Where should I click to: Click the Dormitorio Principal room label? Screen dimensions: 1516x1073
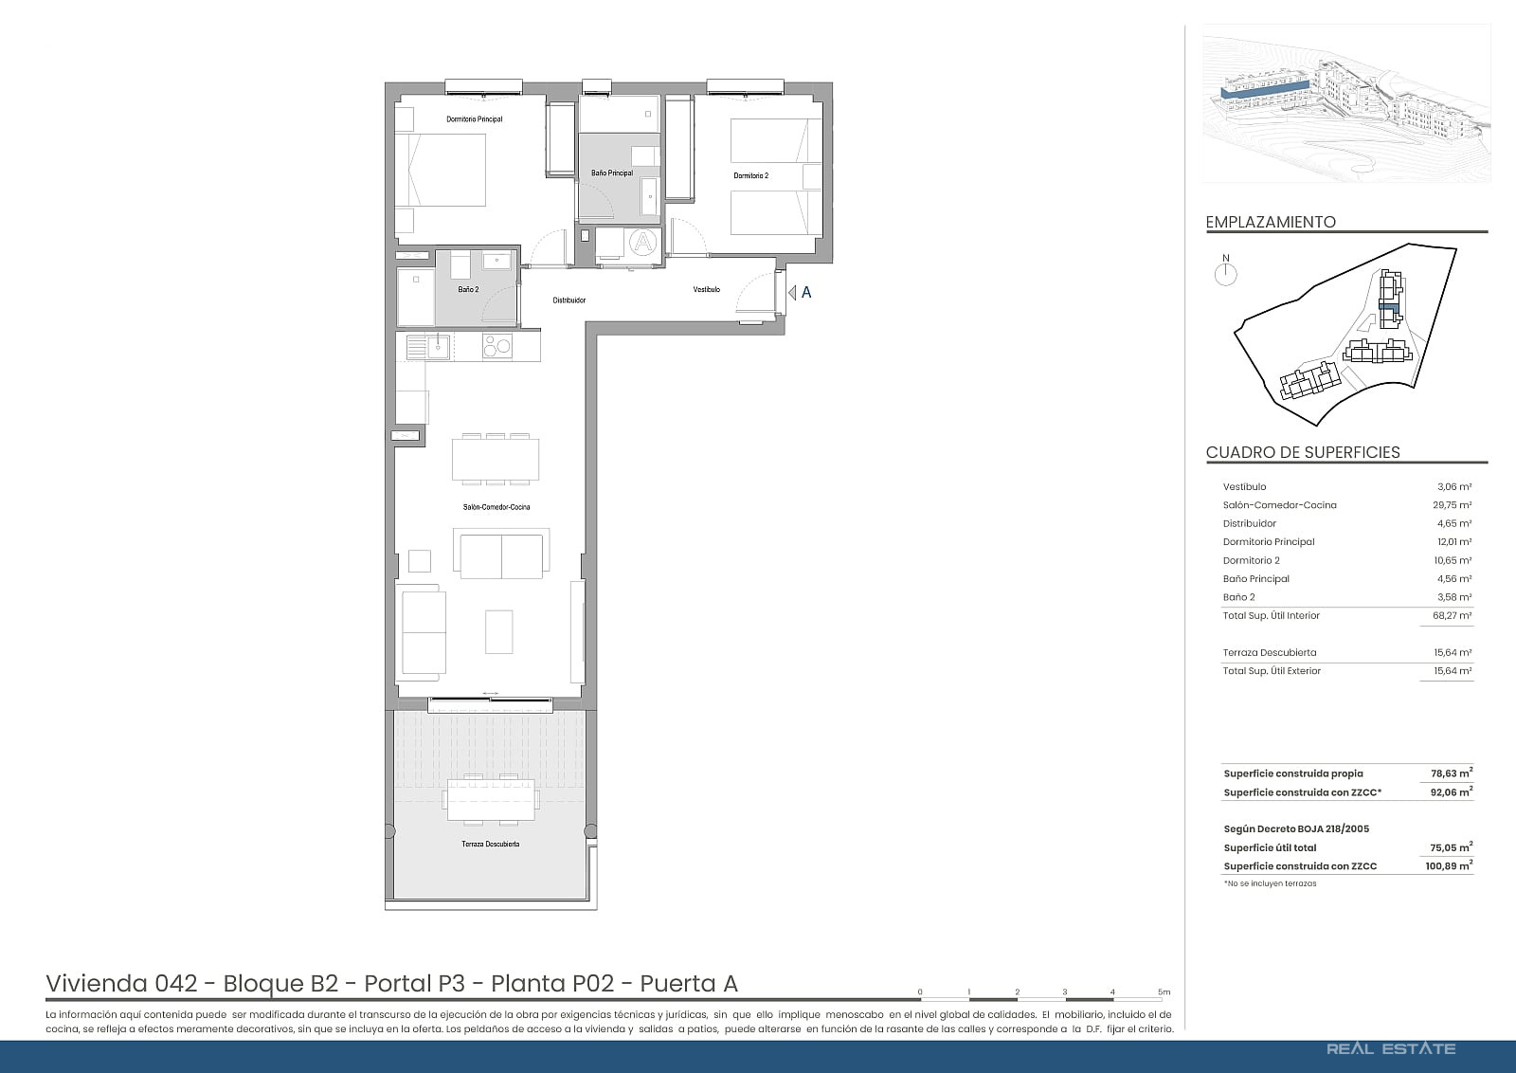(475, 119)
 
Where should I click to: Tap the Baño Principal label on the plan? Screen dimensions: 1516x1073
(612, 173)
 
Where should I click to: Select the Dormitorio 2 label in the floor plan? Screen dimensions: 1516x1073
(751, 176)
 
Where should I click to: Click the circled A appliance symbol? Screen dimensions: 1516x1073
(643, 242)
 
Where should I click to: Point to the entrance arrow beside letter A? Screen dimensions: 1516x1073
(792, 293)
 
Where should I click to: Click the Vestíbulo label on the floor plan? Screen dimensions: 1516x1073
(707, 290)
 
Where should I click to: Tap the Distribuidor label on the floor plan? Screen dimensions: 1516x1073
(569, 300)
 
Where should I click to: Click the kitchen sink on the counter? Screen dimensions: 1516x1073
(428, 347)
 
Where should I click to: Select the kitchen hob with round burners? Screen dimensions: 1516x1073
(496, 347)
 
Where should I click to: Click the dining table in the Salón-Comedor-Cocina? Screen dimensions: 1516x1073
(496, 460)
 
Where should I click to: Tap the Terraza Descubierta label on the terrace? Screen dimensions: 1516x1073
(491, 845)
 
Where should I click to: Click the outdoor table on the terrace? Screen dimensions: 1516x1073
(491, 799)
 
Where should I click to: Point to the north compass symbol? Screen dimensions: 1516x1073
(1226, 271)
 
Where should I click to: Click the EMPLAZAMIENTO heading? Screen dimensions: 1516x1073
(1271, 222)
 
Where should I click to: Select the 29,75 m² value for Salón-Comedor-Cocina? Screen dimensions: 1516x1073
(1453, 505)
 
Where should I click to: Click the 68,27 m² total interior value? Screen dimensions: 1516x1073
(1453, 615)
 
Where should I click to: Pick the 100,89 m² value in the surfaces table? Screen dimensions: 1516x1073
(1449, 865)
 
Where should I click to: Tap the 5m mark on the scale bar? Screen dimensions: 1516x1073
(1164, 992)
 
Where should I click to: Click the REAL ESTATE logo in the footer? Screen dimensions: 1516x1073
(1391, 1049)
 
